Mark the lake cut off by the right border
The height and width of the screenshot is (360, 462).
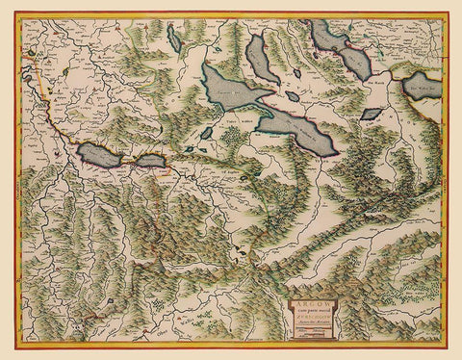(x=423, y=88)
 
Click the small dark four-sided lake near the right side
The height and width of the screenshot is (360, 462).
(x=371, y=114)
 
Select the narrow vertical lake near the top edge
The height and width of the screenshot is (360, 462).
(x=173, y=38)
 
